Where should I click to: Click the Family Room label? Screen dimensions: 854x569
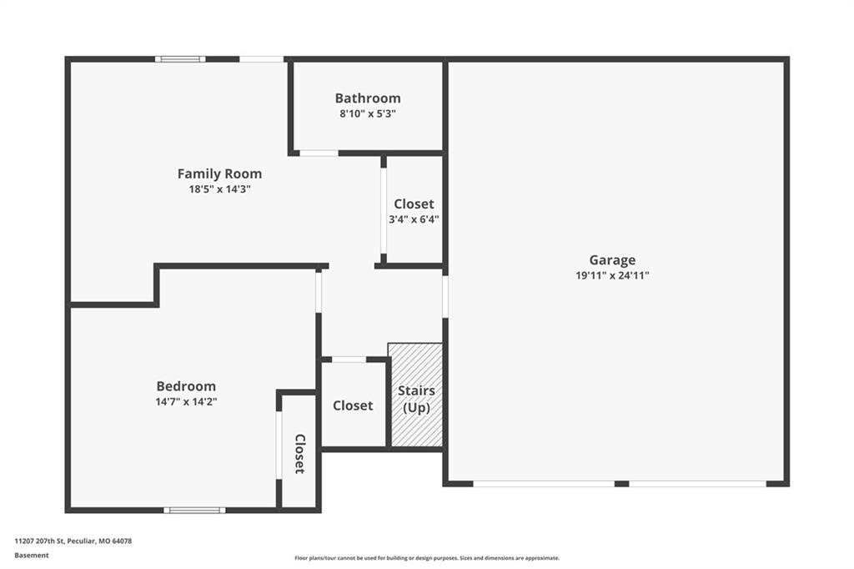(219, 174)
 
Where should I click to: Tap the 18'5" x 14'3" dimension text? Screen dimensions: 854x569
(219, 189)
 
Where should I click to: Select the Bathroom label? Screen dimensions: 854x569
(368, 98)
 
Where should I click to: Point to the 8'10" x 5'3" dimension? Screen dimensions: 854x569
(368, 114)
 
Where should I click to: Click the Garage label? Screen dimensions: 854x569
(612, 260)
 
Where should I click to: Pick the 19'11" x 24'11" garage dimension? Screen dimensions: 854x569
(612, 275)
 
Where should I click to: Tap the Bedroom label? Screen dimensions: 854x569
(186, 386)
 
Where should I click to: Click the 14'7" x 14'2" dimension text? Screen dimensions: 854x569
(186, 401)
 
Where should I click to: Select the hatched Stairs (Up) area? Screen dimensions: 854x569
(415, 395)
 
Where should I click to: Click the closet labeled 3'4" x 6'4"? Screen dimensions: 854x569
(414, 211)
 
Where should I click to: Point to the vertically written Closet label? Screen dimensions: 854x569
(299, 454)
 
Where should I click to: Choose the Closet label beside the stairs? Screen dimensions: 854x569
(353, 405)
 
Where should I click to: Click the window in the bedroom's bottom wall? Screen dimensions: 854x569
(194, 510)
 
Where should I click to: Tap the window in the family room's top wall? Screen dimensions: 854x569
(180, 59)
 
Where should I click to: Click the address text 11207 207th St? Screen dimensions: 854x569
(40, 541)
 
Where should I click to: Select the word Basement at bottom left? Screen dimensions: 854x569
(32, 556)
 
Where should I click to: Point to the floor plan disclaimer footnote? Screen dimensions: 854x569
(427, 558)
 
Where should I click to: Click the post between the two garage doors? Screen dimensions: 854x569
(621, 483)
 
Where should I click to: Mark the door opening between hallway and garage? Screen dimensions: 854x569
(445, 296)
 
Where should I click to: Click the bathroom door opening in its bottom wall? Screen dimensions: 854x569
(319, 154)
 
